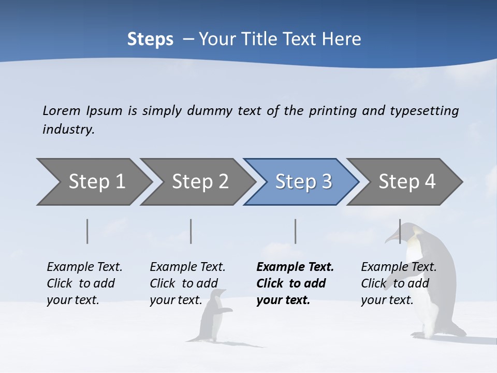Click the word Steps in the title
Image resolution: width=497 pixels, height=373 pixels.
(150, 39)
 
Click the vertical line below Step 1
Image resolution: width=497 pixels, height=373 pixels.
(87, 231)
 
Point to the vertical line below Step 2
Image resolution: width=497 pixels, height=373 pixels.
(191, 231)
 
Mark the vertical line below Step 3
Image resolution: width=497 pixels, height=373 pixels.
(295, 231)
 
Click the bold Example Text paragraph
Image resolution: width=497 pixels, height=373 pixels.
(295, 283)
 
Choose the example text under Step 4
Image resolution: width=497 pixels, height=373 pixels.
(399, 283)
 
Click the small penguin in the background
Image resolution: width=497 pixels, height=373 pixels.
(214, 316)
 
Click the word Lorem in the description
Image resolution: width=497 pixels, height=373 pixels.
(62, 110)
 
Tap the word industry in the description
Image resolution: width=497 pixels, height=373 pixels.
(68, 129)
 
